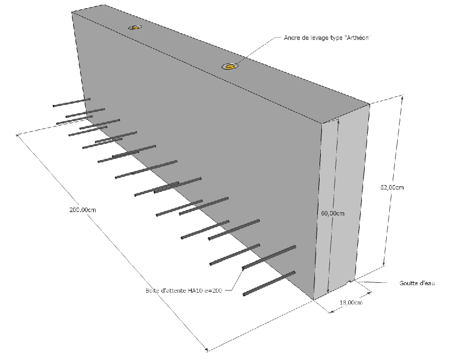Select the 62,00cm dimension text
click(392, 187)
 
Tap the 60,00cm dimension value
click(332, 213)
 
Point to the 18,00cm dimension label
click(351, 302)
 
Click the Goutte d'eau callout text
click(416, 283)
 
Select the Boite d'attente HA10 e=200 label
click(182, 290)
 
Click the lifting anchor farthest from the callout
click(135, 27)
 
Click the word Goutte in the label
click(408, 283)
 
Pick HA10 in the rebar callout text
click(195, 290)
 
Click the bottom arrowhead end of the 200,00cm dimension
click(208, 350)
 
